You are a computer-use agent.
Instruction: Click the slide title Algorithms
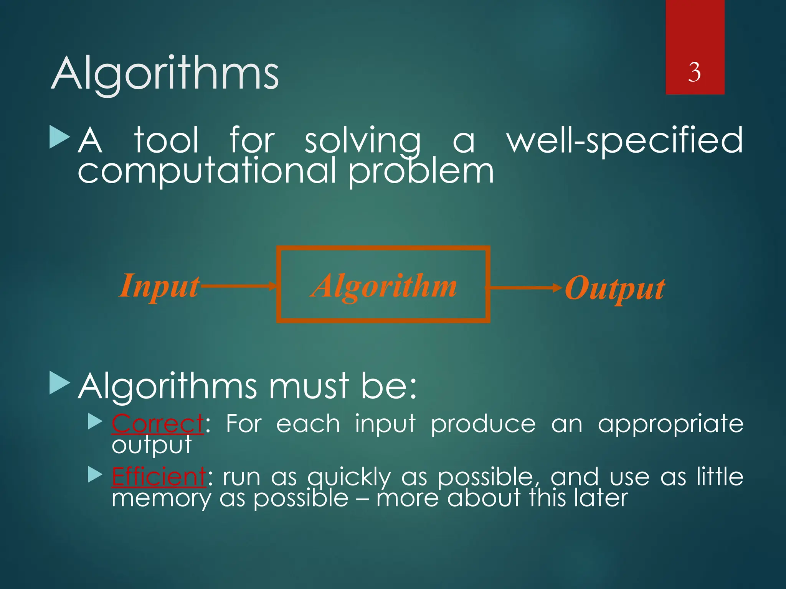(x=165, y=74)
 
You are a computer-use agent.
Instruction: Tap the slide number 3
(x=694, y=72)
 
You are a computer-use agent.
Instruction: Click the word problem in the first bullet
(x=421, y=172)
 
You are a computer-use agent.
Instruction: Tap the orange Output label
(x=615, y=288)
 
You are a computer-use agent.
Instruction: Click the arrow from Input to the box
(x=238, y=286)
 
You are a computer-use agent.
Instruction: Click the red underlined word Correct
(x=157, y=424)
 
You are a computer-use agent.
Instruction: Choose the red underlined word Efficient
(x=159, y=477)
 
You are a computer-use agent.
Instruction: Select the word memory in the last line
(x=161, y=499)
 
